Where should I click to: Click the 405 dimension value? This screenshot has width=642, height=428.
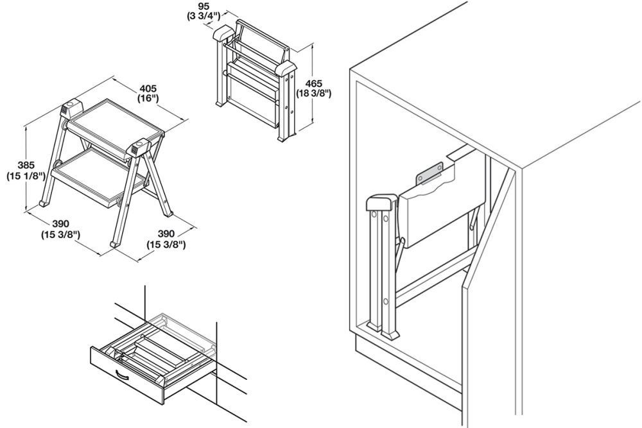click(148, 89)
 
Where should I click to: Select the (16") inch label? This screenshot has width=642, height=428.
click(148, 99)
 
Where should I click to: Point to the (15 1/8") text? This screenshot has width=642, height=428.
click(24, 175)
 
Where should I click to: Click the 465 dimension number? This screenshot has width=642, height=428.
click(313, 83)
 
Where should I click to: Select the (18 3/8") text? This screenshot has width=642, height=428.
click(313, 94)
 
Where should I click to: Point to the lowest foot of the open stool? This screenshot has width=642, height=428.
click(115, 244)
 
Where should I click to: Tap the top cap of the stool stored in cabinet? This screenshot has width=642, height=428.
click(379, 203)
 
